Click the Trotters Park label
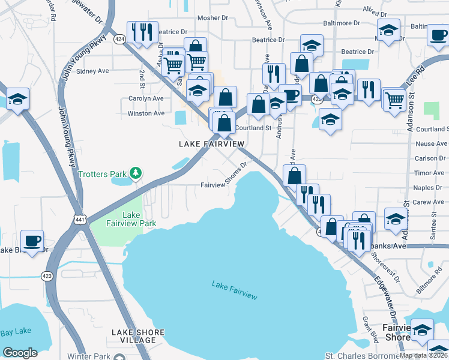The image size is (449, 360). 102,174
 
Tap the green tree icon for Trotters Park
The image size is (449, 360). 136,174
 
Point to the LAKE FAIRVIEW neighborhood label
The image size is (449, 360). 212,144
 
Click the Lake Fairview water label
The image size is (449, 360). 234,290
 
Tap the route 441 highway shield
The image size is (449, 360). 80,219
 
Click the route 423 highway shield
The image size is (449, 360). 46,276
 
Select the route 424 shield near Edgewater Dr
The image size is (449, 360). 119,39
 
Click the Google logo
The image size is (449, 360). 20,353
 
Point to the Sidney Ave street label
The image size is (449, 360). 93,71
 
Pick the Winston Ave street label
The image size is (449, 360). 146,113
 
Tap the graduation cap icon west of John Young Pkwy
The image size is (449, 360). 17,98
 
